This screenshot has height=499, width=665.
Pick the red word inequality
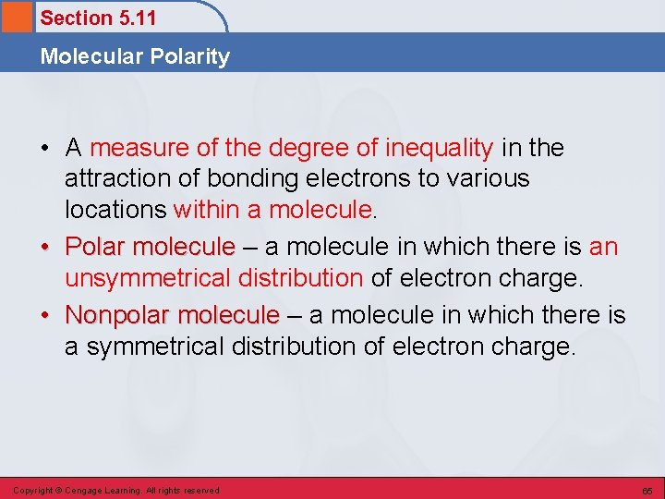click(439, 148)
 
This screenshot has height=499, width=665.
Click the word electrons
click(346, 178)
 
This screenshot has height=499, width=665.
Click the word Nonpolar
click(117, 315)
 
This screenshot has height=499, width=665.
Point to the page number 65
click(647, 491)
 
